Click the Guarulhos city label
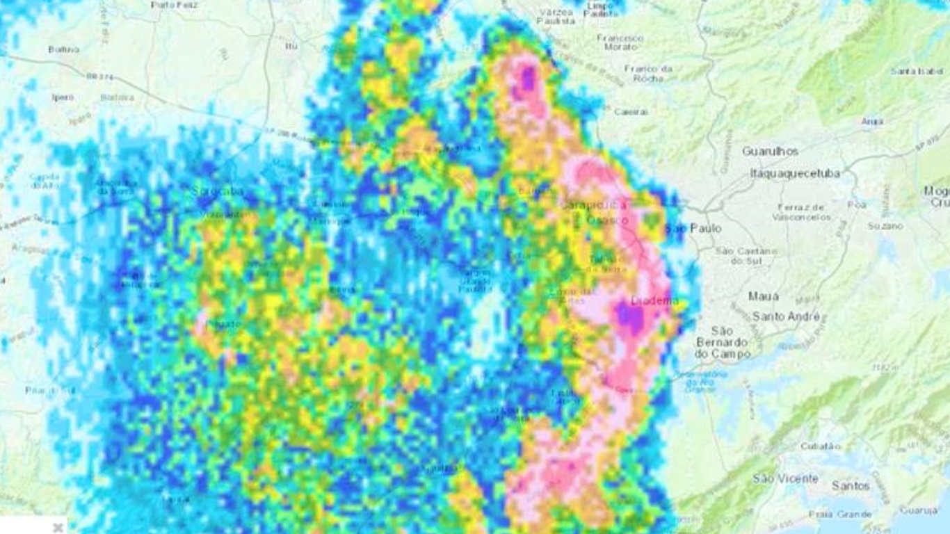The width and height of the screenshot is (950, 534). (x=770, y=151)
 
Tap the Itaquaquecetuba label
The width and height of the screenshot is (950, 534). (x=795, y=173)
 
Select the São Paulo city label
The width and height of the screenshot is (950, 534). (x=693, y=228)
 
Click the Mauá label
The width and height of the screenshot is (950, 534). (x=764, y=296)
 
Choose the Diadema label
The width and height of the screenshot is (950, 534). (x=654, y=301)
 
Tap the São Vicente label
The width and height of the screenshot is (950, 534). (x=785, y=478)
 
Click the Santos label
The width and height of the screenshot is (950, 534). (x=851, y=485)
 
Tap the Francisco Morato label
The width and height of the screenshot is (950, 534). (x=620, y=42)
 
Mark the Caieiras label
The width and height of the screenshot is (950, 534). (x=631, y=111)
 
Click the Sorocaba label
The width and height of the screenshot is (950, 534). (x=218, y=190)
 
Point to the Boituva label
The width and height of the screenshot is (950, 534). (x=64, y=49)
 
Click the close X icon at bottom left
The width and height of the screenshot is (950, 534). (x=58, y=527)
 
